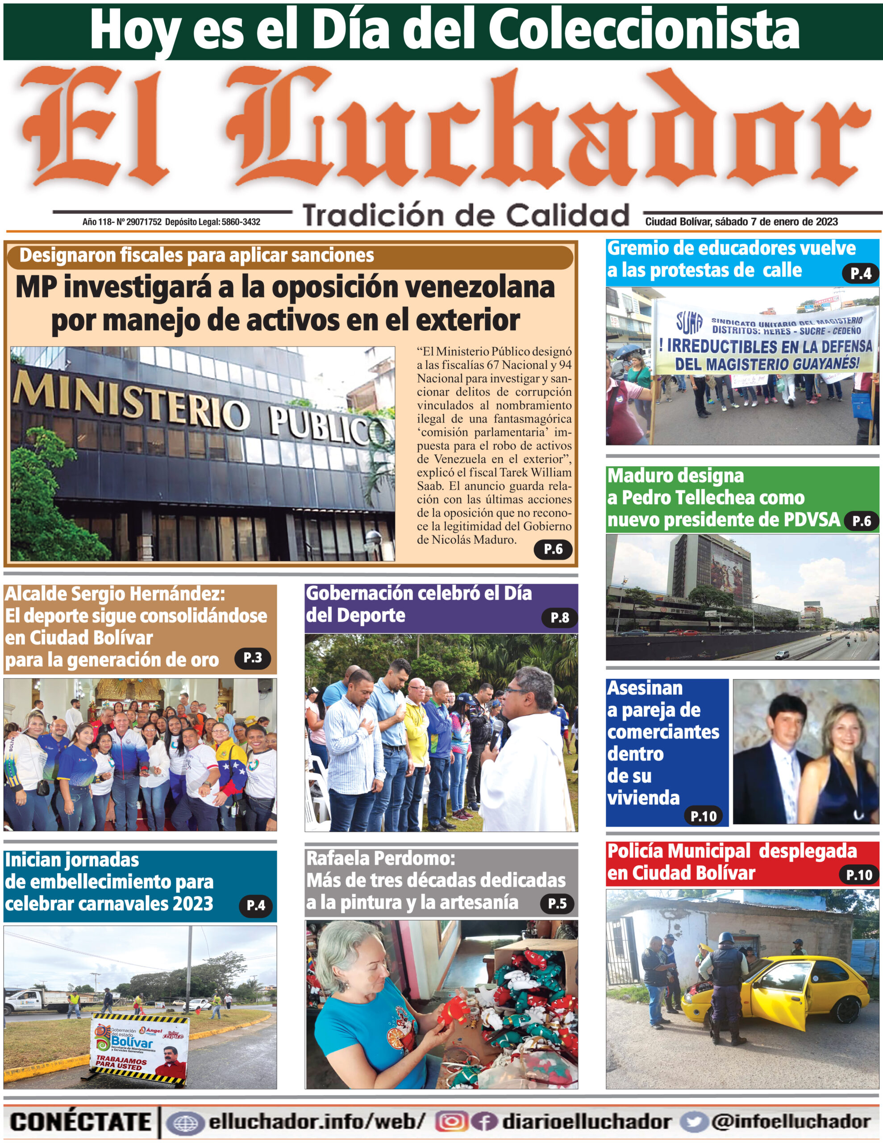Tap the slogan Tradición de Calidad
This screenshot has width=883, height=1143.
click(466, 216)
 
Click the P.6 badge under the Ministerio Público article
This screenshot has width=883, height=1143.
click(553, 549)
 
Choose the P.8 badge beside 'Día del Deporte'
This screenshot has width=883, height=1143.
click(559, 617)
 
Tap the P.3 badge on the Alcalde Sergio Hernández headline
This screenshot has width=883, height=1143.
click(252, 658)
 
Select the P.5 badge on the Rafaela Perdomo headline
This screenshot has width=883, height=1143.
click(557, 903)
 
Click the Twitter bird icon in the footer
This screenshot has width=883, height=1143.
click(694, 1122)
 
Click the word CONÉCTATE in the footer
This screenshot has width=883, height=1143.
click(80, 1122)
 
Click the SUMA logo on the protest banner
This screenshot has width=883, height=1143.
click(689, 323)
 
